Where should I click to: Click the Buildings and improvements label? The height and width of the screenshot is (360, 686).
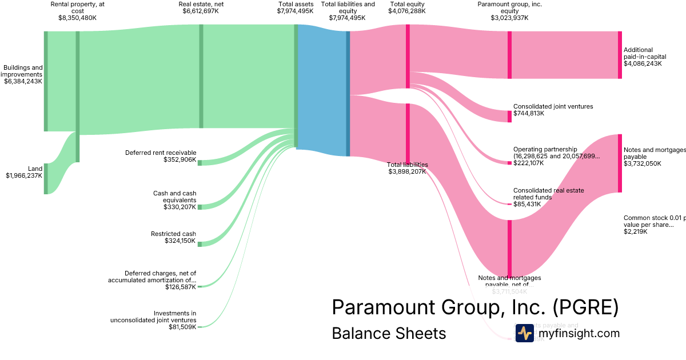pyautogui.click(x=23, y=71)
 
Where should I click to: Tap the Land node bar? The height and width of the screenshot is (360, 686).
pyautogui.click(x=46, y=178)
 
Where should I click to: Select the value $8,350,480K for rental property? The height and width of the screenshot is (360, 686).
pyautogui.click(x=77, y=18)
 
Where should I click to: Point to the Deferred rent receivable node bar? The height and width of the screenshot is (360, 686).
pyautogui.click(x=200, y=163)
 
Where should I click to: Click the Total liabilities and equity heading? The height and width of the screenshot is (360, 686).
pyautogui.click(x=348, y=7)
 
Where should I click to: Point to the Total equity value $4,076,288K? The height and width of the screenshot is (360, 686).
pyautogui.click(x=407, y=11)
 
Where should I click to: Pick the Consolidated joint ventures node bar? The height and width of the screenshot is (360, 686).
pyautogui.click(x=509, y=116)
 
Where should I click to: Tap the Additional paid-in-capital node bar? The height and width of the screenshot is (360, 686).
pyautogui.click(x=620, y=55)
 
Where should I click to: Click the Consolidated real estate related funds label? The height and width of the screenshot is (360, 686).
pyautogui.click(x=548, y=194)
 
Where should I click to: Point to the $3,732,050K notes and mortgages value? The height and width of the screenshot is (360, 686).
pyautogui.click(x=643, y=163)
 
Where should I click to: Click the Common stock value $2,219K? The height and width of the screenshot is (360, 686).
pyautogui.click(x=636, y=232)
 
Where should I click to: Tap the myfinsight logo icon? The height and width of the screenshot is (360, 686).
pyautogui.click(x=524, y=333)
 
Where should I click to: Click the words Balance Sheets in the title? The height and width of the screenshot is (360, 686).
pyautogui.click(x=389, y=333)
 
